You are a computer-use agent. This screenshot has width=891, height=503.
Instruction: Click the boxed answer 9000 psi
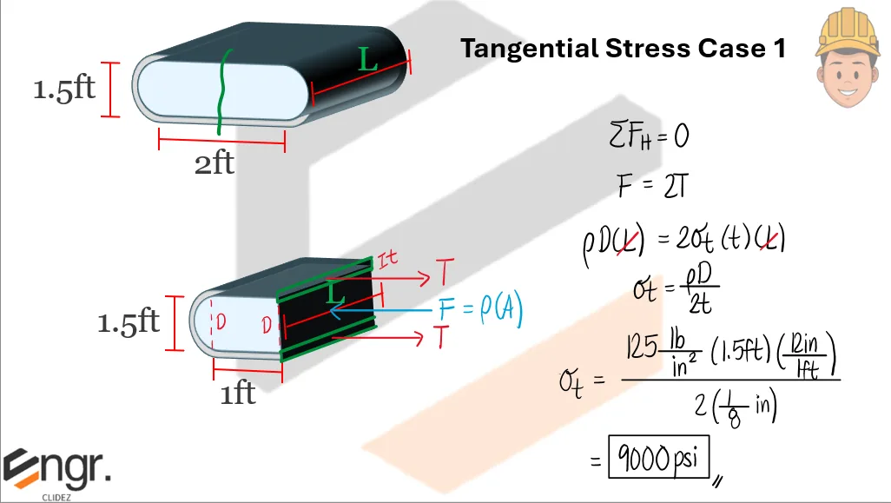tap(658, 458)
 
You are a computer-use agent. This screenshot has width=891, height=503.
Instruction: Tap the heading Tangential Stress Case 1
tap(623, 49)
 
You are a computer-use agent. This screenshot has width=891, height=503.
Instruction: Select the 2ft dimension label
tap(214, 163)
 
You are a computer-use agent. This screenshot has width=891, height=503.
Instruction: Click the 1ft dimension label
tap(237, 394)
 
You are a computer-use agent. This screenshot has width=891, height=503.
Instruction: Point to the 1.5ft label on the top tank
tap(63, 89)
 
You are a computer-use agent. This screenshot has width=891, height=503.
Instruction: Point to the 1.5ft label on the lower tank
tap(129, 322)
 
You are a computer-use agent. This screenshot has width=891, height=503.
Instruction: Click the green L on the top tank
tap(368, 60)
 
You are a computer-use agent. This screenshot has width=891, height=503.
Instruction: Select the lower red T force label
tap(444, 339)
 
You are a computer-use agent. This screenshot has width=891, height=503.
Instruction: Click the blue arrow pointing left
tap(382, 308)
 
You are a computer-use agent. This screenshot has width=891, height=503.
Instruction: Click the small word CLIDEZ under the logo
tap(56, 498)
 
